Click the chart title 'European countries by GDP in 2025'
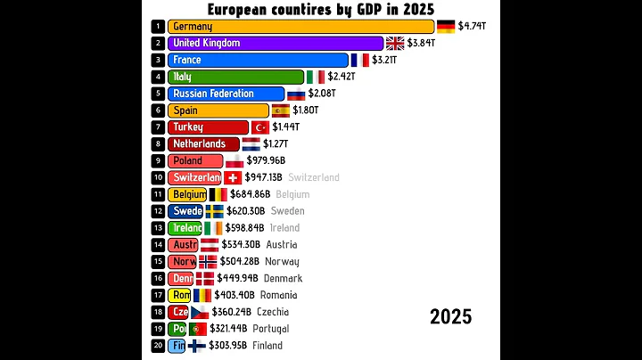click(321, 9)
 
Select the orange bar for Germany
click(300, 27)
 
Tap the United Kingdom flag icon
click(395, 43)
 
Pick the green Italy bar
click(235, 77)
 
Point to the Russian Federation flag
click(296, 94)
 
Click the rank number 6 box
click(158, 110)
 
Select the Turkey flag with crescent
click(261, 127)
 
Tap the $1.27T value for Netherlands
click(277, 143)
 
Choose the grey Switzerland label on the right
click(314, 177)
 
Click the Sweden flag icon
click(214, 211)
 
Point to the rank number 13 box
click(158, 227)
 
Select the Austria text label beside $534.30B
click(282, 244)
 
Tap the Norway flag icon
click(208, 261)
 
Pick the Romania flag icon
click(202, 295)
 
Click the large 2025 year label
click(450, 317)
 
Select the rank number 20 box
click(158, 345)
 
